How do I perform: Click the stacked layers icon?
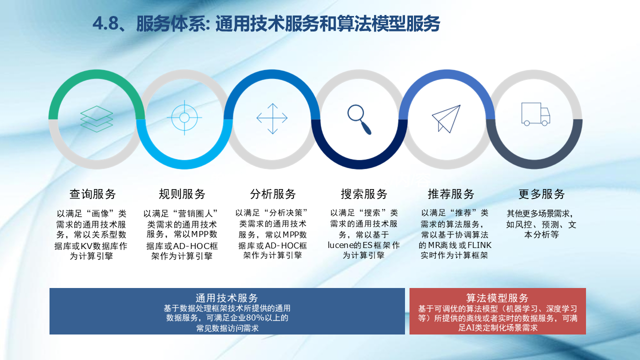tap(96, 119)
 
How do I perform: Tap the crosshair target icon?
tap(184, 117)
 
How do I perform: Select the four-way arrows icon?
tap(272, 118)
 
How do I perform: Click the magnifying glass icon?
tap(359, 119)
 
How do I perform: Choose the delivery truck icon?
tap(535, 114)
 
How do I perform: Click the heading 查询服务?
tap(92, 194)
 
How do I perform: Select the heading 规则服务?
tap(182, 194)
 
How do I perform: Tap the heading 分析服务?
tap(273, 194)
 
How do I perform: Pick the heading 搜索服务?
tap(364, 194)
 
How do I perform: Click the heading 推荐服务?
tap(451, 194)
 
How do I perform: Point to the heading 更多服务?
tap(541, 194)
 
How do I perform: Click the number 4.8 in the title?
tap(105, 23)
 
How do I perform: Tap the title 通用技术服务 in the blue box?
tap(227, 298)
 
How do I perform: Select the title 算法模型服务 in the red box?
tap(497, 298)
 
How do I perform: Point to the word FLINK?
tap(479, 245)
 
